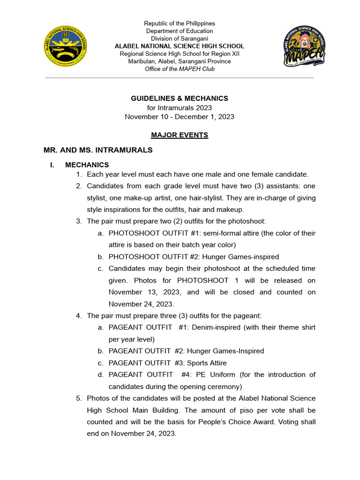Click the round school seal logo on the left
(x=65, y=46)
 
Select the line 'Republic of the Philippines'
(x=180, y=23)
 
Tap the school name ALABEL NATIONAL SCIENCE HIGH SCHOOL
(x=180, y=46)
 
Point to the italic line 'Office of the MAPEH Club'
(x=180, y=69)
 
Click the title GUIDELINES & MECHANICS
(x=180, y=98)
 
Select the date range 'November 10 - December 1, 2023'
(x=180, y=117)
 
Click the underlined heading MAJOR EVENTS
(x=180, y=135)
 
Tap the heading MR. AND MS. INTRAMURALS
(x=98, y=150)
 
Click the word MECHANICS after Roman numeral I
(x=87, y=165)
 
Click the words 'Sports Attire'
(x=207, y=363)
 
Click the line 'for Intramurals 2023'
(x=180, y=108)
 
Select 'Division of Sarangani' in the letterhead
(x=180, y=38)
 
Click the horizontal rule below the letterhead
(x=180, y=78)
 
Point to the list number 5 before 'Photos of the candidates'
(x=78, y=398)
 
